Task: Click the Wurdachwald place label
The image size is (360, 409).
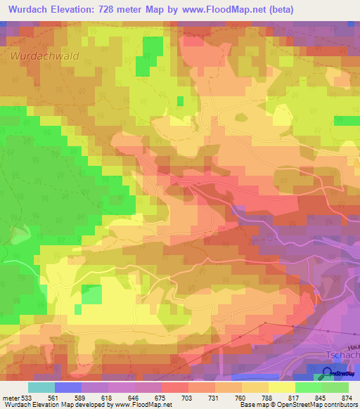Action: coord(44,55)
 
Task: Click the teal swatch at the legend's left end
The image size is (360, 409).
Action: coord(41,388)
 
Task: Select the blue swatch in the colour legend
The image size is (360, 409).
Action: coord(67,388)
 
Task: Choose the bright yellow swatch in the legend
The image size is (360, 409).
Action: coord(281,388)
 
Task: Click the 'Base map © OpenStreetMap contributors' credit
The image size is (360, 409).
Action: coord(297,404)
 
